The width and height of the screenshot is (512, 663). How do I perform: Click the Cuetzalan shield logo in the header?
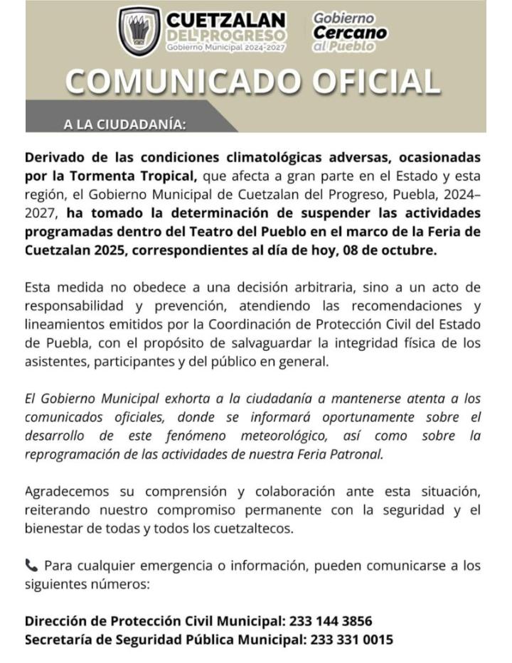[x=139, y=31]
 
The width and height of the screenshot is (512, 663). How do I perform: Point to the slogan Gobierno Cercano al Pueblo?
[x=350, y=32]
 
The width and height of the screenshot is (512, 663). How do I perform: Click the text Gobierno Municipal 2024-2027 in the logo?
[x=226, y=47]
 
